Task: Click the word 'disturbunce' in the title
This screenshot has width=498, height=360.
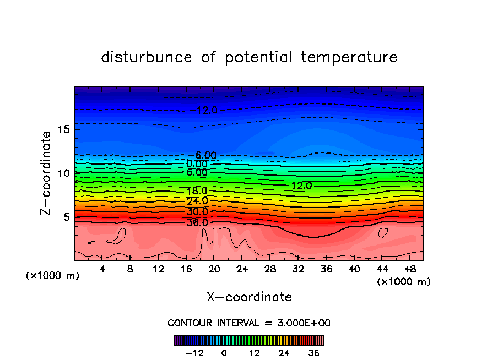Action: pos(147,57)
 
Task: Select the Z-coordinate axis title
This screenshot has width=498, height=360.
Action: pos(46,172)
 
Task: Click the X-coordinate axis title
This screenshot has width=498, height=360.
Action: pos(249,297)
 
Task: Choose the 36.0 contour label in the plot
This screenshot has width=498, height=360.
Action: pos(197,223)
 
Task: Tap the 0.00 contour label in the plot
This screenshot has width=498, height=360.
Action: pos(197,164)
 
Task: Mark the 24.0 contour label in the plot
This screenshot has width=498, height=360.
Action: pos(197,201)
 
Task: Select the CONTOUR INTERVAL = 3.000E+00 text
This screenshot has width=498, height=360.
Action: pos(249,323)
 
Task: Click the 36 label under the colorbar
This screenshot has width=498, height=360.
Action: pos(313,353)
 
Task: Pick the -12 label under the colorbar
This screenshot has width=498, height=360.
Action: pos(194,353)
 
